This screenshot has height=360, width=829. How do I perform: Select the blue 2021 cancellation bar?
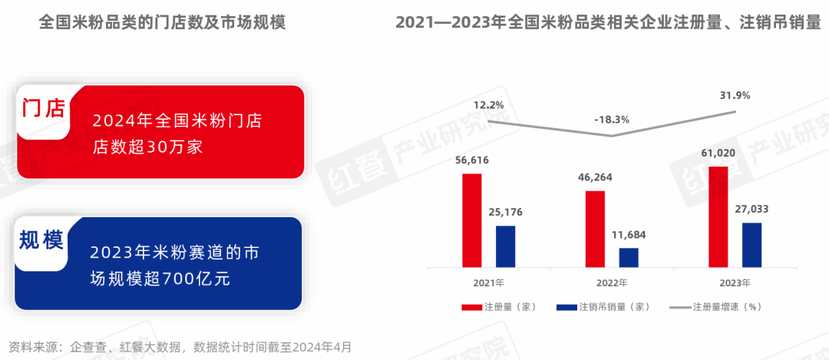505,246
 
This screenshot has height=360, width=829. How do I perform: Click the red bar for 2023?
718,216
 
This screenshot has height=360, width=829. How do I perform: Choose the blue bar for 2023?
751,244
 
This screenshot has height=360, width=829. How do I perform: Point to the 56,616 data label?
471,160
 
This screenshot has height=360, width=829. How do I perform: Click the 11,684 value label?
628,234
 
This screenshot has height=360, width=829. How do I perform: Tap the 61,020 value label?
718,153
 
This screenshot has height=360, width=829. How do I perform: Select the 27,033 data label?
751,209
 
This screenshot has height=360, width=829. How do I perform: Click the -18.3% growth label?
611,120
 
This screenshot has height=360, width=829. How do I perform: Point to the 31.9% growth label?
735,95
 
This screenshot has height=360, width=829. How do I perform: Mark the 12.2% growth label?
488,104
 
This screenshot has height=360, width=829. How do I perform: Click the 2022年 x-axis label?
612,282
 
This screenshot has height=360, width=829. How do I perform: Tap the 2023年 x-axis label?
735,282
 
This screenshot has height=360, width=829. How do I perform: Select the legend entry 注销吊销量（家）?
603,307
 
